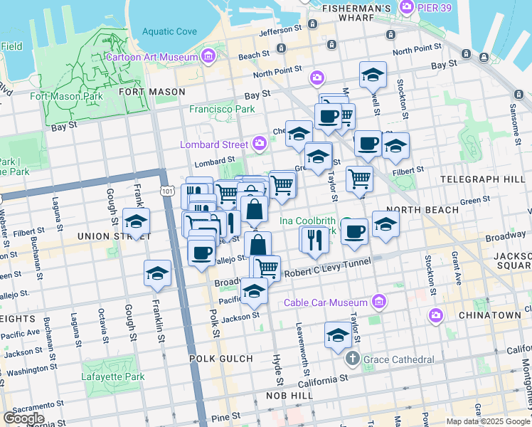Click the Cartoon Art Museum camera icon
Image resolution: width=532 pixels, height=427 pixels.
[208, 56]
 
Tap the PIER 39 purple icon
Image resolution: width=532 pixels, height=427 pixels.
[407, 8]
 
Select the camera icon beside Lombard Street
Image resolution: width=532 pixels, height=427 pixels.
[260, 144]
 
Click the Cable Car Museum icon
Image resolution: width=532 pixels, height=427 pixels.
[379, 302]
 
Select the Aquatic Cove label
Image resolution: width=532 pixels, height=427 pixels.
[169, 31]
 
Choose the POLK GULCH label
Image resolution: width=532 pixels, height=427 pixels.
[221, 358]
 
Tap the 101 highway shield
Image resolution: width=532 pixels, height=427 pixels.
[166, 191]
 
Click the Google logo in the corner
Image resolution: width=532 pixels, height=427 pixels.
[23, 418]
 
